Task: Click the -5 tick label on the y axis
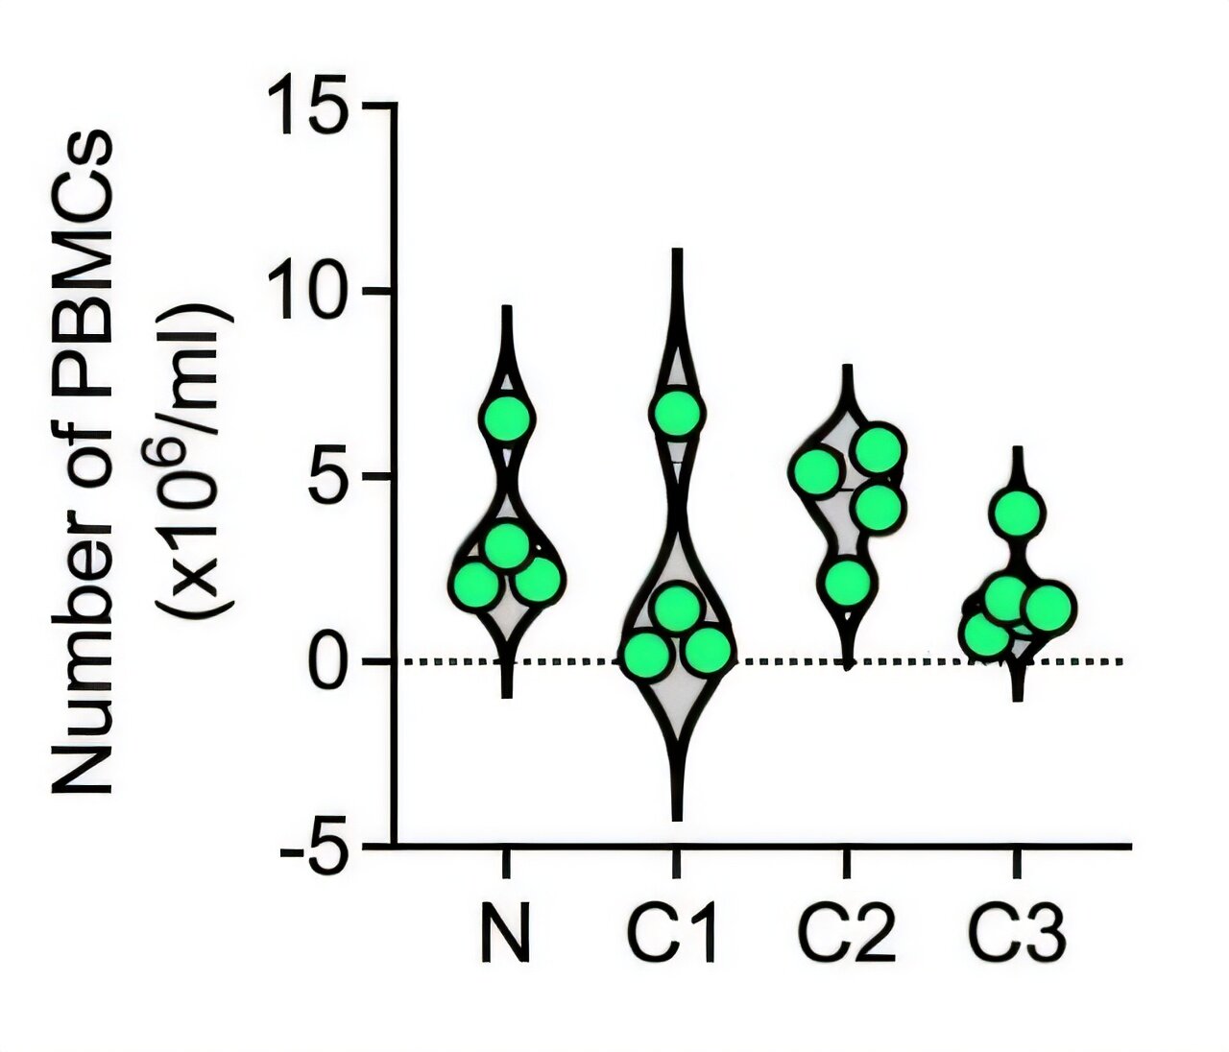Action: point(309,847)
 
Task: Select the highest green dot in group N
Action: point(506,418)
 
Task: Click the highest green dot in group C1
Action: point(678,413)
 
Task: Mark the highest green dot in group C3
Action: point(1018,512)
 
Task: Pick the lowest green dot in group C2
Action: point(847,583)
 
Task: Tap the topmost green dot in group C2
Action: point(879,449)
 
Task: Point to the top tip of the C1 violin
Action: point(678,251)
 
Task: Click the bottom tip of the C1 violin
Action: point(678,819)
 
